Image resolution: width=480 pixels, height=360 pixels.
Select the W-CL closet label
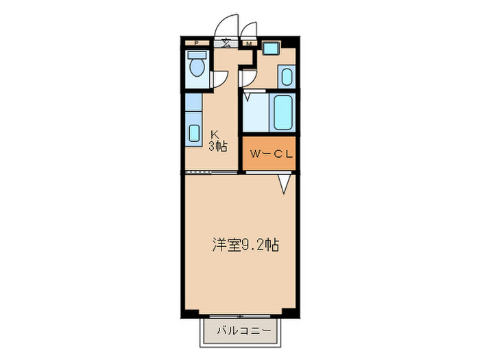271,154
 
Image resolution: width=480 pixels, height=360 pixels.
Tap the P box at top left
197,44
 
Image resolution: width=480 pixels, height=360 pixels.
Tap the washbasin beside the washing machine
286,76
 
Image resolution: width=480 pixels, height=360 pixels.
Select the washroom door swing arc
249,75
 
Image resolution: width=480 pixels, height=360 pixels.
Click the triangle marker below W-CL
285,183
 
